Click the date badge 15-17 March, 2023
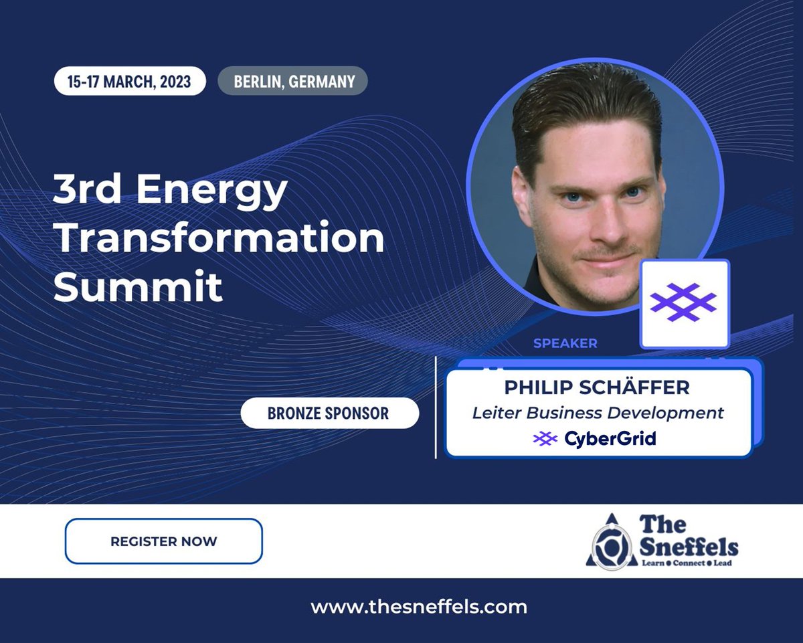(x=129, y=82)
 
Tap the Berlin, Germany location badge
(x=293, y=82)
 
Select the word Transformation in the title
(x=219, y=239)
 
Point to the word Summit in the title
(x=138, y=286)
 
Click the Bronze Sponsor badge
(x=329, y=413)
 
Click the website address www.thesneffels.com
(x=419, y=607)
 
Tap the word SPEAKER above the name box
(x=565, y=343)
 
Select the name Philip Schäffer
(x=597, y=387)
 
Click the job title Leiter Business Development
(x=598, y=413)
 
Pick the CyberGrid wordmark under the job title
(x=610, y=439)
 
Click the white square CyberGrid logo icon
(x=685, y=304)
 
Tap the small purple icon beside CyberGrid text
(x=545, y=439)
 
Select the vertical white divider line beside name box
(x=436, y=407)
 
